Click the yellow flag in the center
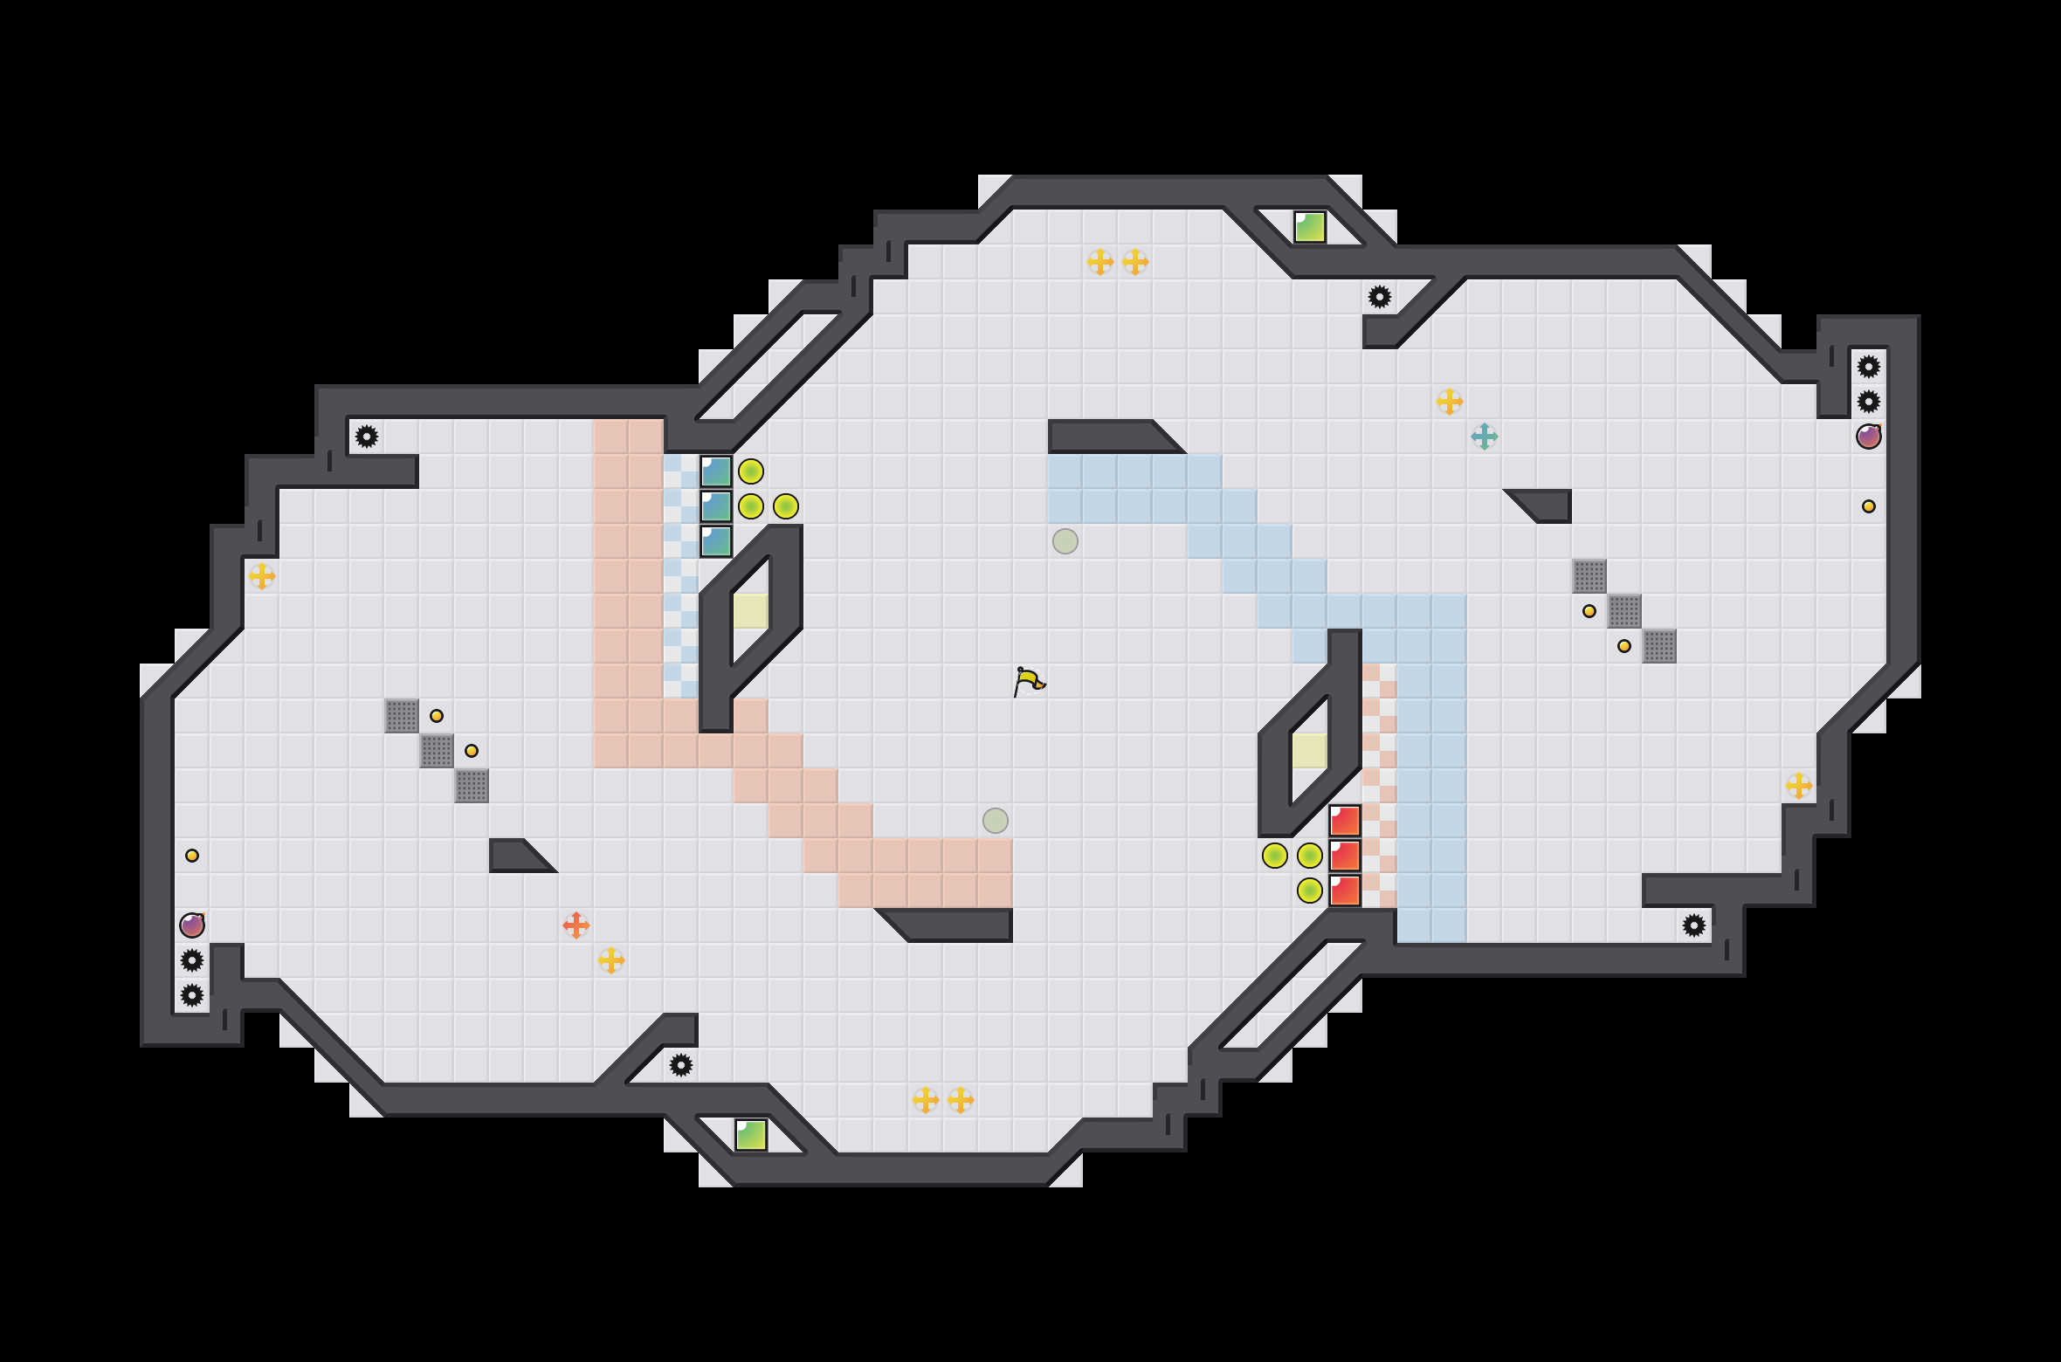click(x=1029, y=681)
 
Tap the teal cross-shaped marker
click(x=1484, y=436)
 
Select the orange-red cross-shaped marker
click(x=576, y=925)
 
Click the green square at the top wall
click(x=1309, y=227)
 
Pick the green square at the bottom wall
click(x=750, y=1135)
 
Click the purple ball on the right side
click(x=1868, y=437)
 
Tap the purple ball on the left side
click(x=192, y=925)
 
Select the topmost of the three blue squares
click(x=715, y=471)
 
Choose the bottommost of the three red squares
click(x=1344, y=891)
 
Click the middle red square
click(x=1344, y=856)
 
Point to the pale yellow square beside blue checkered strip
click(x=750, y=611)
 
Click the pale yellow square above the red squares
click(x=1309, y=751)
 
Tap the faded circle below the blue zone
click(x=1065, y=541)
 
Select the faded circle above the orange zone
click(x=995, y=821)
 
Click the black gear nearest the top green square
click(x=1379, y=297)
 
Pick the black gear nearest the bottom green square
click(x=680, y=1065)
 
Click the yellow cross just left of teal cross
click(x=1449, y=402)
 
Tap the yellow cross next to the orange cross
click(x=610, y=960)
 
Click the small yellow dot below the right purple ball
click(x=1868, y=506)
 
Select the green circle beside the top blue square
click(x=750, y=471)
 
